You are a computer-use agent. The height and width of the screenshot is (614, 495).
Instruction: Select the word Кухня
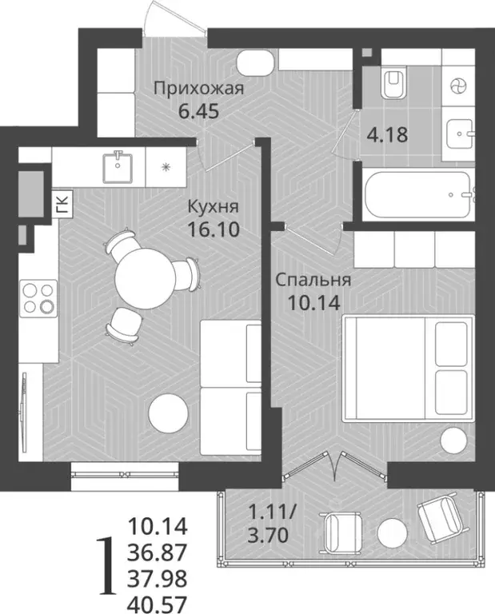coord(212,207)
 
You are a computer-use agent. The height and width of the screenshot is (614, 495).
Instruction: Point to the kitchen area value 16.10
coord(213,229)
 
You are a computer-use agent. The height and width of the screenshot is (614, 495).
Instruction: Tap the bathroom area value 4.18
coord(387,134)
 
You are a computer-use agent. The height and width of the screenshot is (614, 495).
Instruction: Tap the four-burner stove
coord(36,297)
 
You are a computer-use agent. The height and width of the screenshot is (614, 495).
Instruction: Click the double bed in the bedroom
coord(408,367)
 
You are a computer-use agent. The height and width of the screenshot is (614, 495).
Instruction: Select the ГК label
coord(62,205)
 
